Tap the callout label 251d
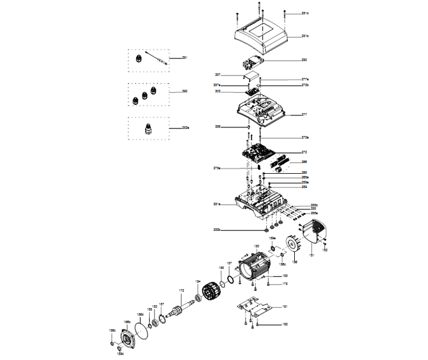pos(305,13)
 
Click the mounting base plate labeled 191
pos(255,309)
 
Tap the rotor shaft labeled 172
pos(179,310)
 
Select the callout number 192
pos(284,325)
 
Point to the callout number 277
pos(304,114)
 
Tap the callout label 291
pos(185,58)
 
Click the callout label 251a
pos(218,204)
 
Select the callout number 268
pos(304,162)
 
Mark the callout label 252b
pos(218,229)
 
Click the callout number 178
pos(285,284)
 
